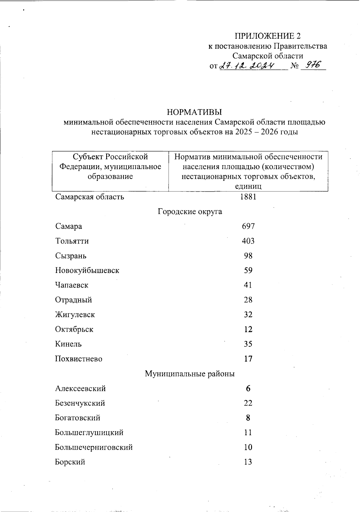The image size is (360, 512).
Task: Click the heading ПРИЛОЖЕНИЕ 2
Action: [267, 36]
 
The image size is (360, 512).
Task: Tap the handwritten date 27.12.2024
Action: [247, 65]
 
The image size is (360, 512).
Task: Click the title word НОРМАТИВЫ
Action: [194, 112]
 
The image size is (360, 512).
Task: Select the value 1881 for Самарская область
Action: [248, 197]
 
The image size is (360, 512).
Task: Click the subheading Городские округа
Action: [190, 211]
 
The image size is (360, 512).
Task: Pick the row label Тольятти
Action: [72, 241]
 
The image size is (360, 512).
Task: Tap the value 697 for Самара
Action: [248, 226]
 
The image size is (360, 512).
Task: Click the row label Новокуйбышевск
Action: [87, 270]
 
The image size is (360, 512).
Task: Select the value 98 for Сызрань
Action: [248, 256]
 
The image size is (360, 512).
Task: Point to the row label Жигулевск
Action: [75, 315]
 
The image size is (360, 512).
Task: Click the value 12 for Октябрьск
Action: [248, 329]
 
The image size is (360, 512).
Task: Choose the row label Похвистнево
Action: [79, 359]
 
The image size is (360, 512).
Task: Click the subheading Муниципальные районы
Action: [190, 374]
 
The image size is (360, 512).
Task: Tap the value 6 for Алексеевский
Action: [248, 388]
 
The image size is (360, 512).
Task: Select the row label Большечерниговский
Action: [94, 447]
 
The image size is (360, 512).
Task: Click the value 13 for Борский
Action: [248, 462]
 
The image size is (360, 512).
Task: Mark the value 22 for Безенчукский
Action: [248, 403]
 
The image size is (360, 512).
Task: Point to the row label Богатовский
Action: [78, 418]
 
